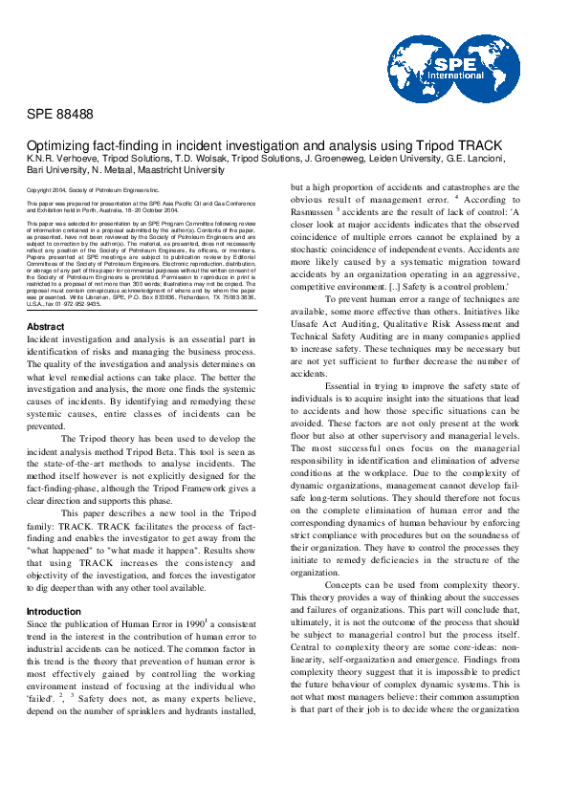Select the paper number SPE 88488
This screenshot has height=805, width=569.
click(x=60, y=115)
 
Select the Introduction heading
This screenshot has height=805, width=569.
click(x=54, y=584)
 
